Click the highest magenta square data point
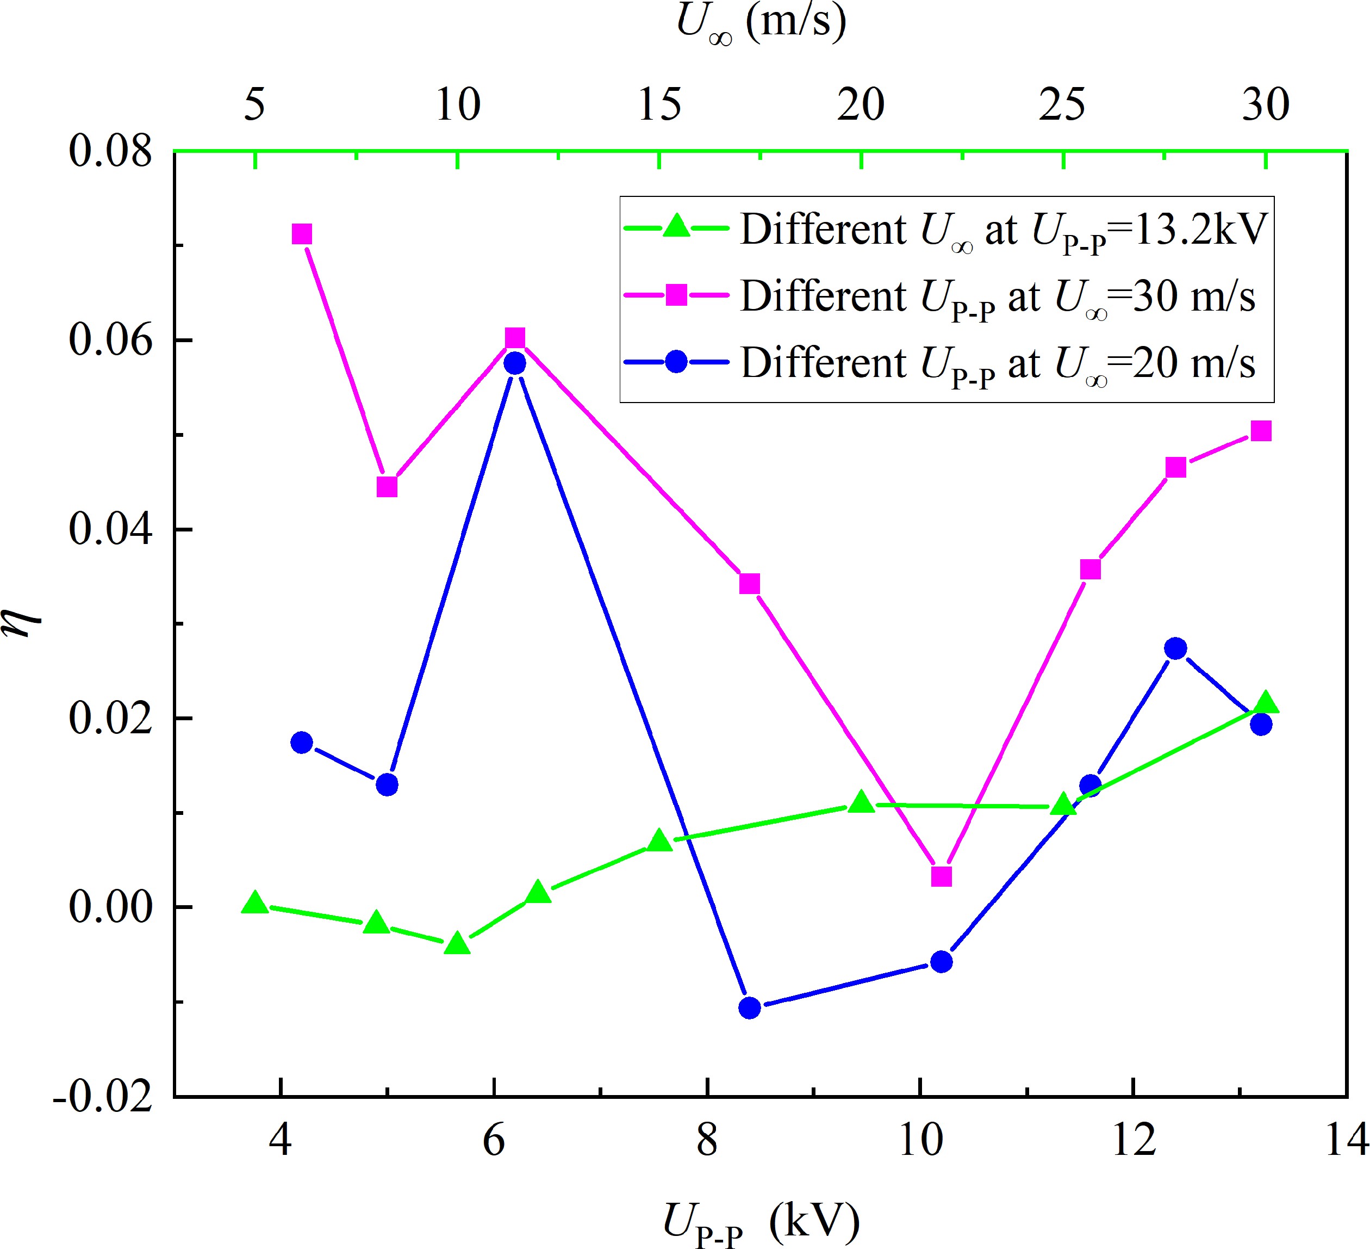[x=302, y=234]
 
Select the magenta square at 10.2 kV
[x=941, y=876]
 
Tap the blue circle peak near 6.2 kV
[x=515, y=363]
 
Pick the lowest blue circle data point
[x=749, y=1007]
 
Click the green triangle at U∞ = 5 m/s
[x=255, y=904]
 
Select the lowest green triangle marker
[x=457, y=944]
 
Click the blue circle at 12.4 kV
[x=1175, y=648]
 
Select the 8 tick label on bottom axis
[x=707, y=1141]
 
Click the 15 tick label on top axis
[x=658, y=106]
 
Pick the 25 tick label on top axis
[x=1063, y=106]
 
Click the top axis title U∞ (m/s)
[x=761, y=24]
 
